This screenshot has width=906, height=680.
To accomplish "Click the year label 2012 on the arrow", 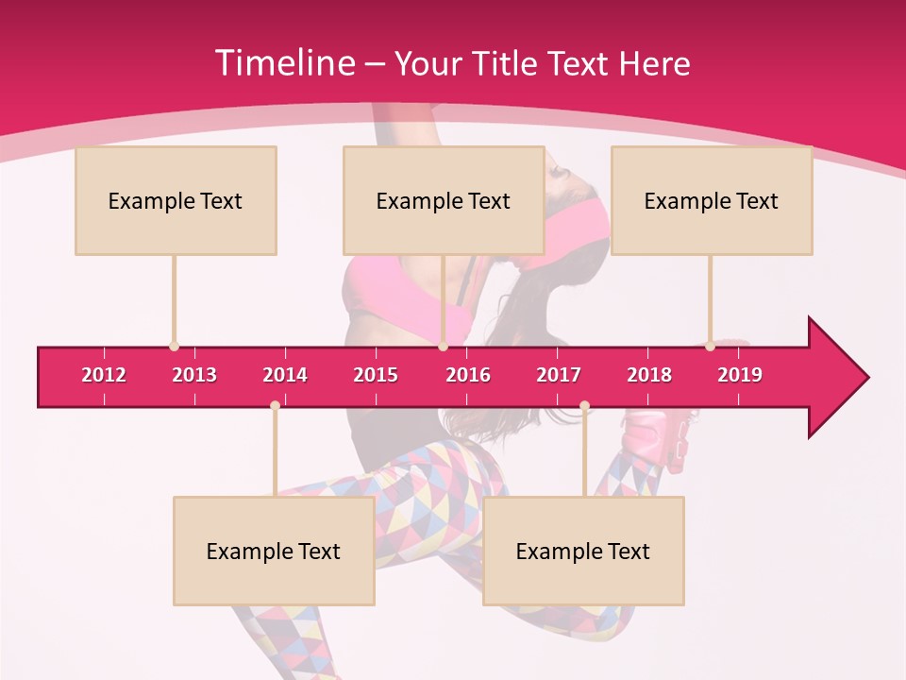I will coord(104,375).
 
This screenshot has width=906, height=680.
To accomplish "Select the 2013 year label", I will coord(194,375).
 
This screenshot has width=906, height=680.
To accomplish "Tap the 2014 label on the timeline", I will coord(285,375).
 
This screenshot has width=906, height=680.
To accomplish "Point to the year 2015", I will coord(376,375).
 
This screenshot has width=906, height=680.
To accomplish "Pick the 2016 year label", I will coord(468,375).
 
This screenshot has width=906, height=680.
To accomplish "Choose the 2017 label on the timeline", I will coord(559,375).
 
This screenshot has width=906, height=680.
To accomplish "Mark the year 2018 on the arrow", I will coord(649,375).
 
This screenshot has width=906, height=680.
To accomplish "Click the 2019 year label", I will coord(740,375).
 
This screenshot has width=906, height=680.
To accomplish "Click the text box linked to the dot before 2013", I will coord(176,200).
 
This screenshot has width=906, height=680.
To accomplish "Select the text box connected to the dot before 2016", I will coord(444,200).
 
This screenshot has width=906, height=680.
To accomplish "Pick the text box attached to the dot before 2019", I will coord(712,200).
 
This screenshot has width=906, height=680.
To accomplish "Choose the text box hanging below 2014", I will coord(274,551).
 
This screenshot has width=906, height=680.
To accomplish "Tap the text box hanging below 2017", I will coord(583,551).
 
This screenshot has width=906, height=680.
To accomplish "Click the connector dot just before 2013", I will coord(174,347).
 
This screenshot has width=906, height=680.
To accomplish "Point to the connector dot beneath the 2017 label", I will coord(584,406).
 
